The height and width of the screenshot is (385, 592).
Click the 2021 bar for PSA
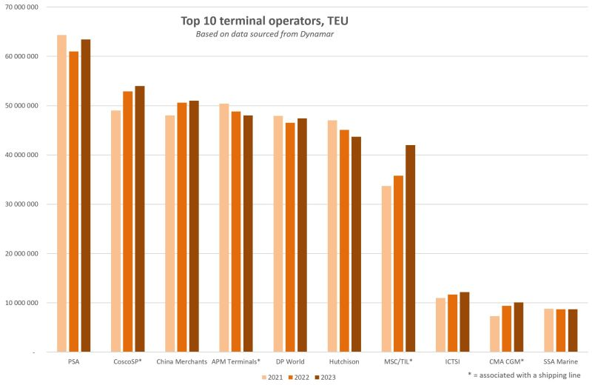[61, 193]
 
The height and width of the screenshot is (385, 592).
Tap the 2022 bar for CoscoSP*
[128, 221]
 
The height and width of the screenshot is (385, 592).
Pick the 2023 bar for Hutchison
[356, 244]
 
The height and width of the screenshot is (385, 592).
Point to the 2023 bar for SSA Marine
[573, 330]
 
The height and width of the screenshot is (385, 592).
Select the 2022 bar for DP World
[290, 237]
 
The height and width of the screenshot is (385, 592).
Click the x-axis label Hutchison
[345, 362]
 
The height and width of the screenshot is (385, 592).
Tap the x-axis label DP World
[290, 362]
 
